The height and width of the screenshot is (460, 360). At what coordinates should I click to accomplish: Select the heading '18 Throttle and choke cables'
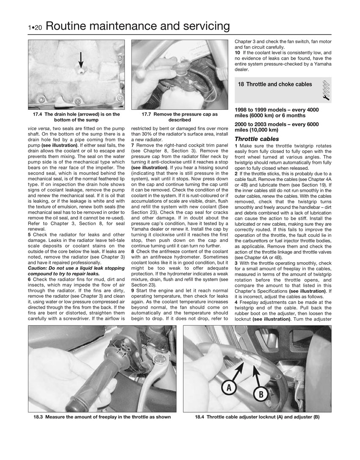pyautogui.click(x=274, y=84)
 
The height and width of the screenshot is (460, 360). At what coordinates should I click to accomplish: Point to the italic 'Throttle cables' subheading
pyautogui.click(x=257, y=139)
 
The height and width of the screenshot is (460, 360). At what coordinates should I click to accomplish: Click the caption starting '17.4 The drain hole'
pyautogui.click(x=77, y=117)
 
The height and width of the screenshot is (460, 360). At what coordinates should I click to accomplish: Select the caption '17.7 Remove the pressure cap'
pyautogui.click(x=180, y=117)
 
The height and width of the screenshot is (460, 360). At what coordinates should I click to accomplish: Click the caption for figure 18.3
pyautogui.click(x=102, y=417)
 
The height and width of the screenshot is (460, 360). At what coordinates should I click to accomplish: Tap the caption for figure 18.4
pyautogui.click(x=257, y=417)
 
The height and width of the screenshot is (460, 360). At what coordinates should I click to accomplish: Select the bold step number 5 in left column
pyautogui.click(x=29, y=235)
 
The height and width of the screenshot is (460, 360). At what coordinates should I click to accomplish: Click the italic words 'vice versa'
pyautogui.click(x=36, y=127)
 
